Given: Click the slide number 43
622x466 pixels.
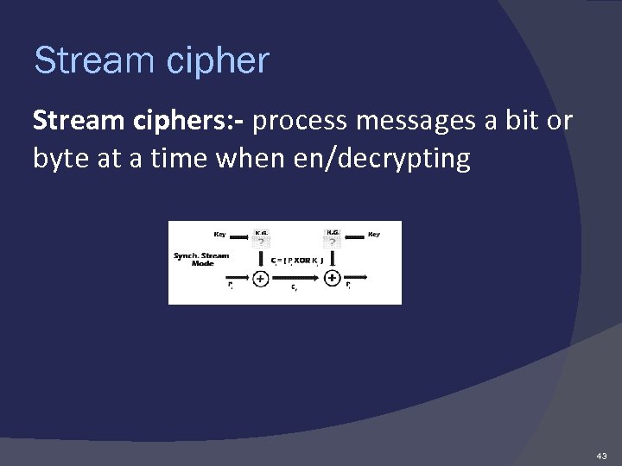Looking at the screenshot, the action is pos(601,455).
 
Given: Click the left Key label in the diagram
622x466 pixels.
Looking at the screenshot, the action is pos(220,233).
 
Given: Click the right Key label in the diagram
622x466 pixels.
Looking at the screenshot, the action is pos(374,233).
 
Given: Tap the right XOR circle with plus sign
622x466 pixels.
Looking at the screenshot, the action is pos(333,278).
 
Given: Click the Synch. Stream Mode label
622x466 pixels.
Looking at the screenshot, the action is pos(201,259).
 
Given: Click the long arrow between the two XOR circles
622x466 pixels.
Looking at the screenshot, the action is pos(296,278).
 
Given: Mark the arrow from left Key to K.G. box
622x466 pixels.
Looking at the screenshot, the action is pos(240,233).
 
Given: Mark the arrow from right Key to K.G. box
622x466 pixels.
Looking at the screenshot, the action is pos(354,233).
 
